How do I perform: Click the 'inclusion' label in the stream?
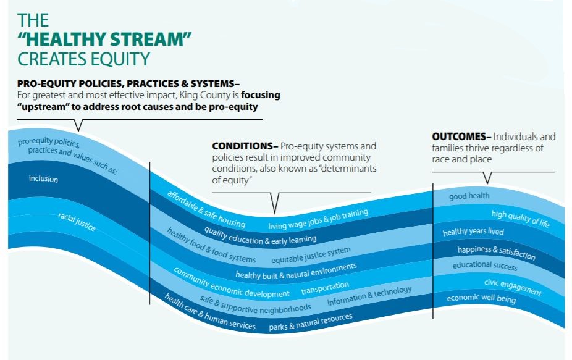pos(43,178)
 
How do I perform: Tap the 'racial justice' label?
pos(77,222)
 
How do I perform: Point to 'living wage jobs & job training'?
pos(318,219)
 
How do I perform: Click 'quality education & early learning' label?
pos(260,236)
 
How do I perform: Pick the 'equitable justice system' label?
pos(311,255)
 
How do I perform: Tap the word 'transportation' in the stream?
pos(325,288)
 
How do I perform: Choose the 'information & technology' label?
pos(369,296)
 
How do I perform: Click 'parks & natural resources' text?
pos(311,322)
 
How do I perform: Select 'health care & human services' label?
pos(210,312)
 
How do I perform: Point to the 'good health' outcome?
pos(469,196)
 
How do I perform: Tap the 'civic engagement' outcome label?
pos(513,287)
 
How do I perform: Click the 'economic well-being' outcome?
pos(481,299)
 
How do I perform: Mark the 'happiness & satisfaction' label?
pos(496,253)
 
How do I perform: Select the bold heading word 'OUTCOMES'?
pos(459,137)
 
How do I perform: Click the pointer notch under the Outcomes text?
pos(487,178)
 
